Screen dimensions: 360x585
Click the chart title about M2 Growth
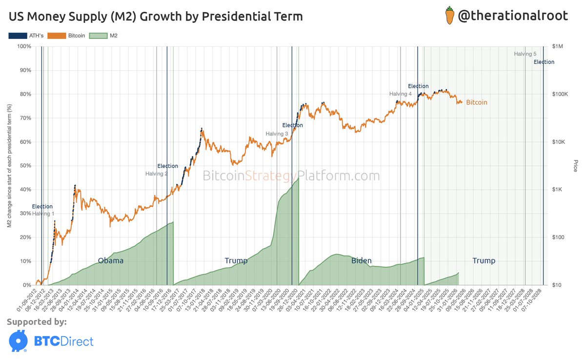[x=156, y=17]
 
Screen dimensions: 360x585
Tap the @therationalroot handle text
[x=513, y=16]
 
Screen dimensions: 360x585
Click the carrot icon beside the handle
[x=449, y=16]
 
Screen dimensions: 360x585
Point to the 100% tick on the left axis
[x=24, y=46]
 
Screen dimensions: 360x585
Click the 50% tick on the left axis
[x=25, y=166]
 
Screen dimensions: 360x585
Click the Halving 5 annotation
[x=525, y=54]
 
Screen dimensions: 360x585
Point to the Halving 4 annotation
[x=400, y=94]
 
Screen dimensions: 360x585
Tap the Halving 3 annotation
[x=277, y=134]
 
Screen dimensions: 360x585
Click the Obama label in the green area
[x=111, y=260]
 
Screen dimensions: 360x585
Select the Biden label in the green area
[x=362, y=260]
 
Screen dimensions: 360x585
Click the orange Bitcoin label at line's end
[x=476, y=102]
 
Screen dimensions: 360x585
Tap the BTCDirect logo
[x=51, y=341]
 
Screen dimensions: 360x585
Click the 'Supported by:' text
[x=37, y=322]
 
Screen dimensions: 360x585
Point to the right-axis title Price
[x=575, y=166]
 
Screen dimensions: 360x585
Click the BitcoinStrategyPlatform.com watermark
[x=291, y=176]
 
